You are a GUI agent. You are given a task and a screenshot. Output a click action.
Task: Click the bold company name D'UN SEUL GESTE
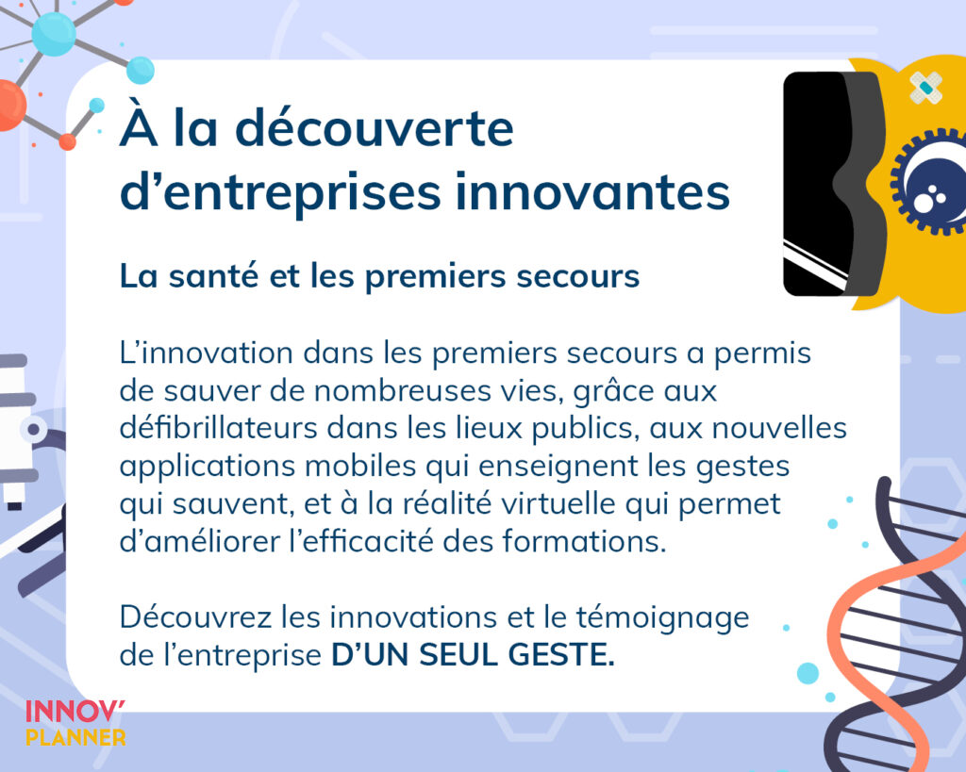point(474,654)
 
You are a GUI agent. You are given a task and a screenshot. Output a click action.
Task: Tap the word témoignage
point(663,618)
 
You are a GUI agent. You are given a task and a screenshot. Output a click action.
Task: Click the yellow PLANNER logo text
point(75,737)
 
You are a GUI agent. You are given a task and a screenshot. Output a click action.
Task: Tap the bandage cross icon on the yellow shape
point(925,88)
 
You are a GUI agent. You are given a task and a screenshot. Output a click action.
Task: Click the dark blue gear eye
point(929,181)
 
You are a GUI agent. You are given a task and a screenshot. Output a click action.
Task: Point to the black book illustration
point(832,184)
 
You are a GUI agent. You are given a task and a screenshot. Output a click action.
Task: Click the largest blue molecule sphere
point(54,35)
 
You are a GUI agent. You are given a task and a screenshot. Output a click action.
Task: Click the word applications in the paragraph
point(208,467)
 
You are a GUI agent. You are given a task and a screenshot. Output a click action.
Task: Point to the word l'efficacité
point(361,540)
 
